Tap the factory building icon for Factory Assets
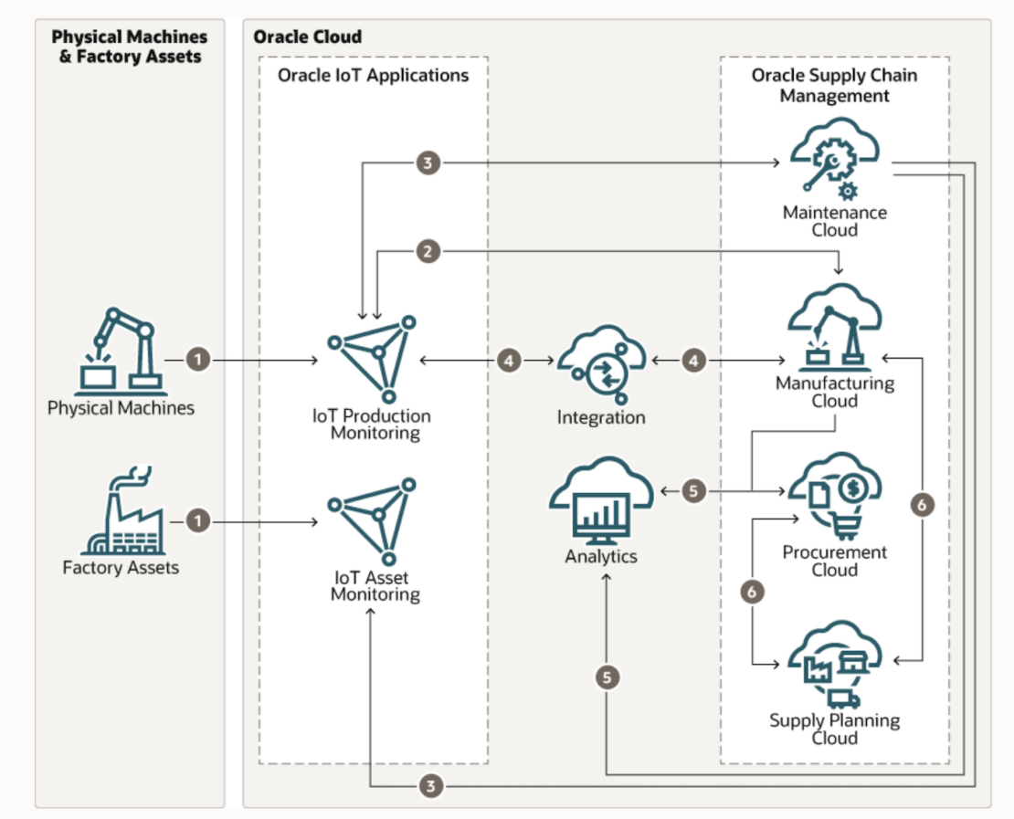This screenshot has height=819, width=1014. click(x=121, y=512)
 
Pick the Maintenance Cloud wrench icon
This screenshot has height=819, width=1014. click(x=833, y=163)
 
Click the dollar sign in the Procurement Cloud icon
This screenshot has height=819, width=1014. click(x=857, y=490)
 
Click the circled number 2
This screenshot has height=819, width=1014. click(x=428, y=252)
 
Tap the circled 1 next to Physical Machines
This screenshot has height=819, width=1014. click(x=199, y=361)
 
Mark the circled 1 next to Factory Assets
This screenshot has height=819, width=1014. click(x=199, y=520)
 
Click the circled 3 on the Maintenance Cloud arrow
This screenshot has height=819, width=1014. click(x=428, y=163)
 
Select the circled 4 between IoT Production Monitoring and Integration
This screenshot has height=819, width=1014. click(x=510, y=361)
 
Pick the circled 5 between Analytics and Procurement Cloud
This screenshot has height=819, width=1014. click(x=693, y=491)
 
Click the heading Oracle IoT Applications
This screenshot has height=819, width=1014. click(x=373, y=75)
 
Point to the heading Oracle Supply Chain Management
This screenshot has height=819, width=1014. click(x=833, y=85)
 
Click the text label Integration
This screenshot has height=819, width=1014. click(x=601, y=418)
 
